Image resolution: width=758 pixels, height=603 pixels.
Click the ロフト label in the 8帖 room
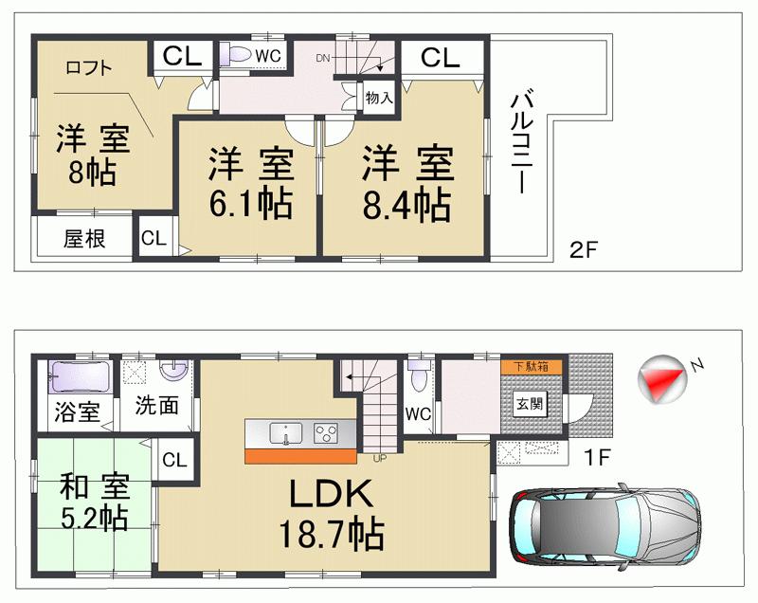(89, 67)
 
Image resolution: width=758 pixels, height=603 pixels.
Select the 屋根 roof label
(83, 239)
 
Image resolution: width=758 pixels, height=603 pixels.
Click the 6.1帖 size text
(249, 203)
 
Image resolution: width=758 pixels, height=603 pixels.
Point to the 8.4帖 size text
(404, 203)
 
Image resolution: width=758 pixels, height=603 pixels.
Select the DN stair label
(323, 59)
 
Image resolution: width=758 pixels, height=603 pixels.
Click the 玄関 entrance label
(530, 403)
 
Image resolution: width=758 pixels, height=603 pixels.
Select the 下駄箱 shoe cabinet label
(531, 366)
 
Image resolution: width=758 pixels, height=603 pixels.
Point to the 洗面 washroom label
(156, 406)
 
